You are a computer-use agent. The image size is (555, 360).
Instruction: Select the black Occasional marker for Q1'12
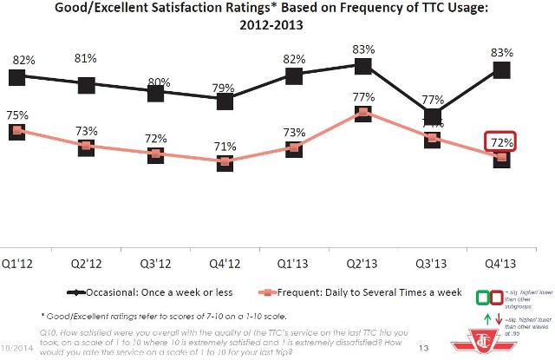pyautogui.click(x=16, y=77)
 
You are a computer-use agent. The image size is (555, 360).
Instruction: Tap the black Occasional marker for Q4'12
pyautogui.click(x=225, y=101)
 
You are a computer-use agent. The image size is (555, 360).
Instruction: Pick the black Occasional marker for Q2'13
pyautogui.click(x=363, y=64)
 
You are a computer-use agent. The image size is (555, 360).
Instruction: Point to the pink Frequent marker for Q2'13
pyautogui.click(x=363, y=113)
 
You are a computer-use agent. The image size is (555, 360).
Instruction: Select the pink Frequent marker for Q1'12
pyautogui.click(x=16, y=131)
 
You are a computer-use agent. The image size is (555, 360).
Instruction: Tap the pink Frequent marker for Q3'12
pyautogui.click(x=155, y=154)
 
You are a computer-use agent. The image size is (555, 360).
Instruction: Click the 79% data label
pyautogui.click(x=225, y=85)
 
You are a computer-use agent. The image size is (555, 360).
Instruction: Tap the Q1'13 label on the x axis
pyautogui.click(x=293, y=259)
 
